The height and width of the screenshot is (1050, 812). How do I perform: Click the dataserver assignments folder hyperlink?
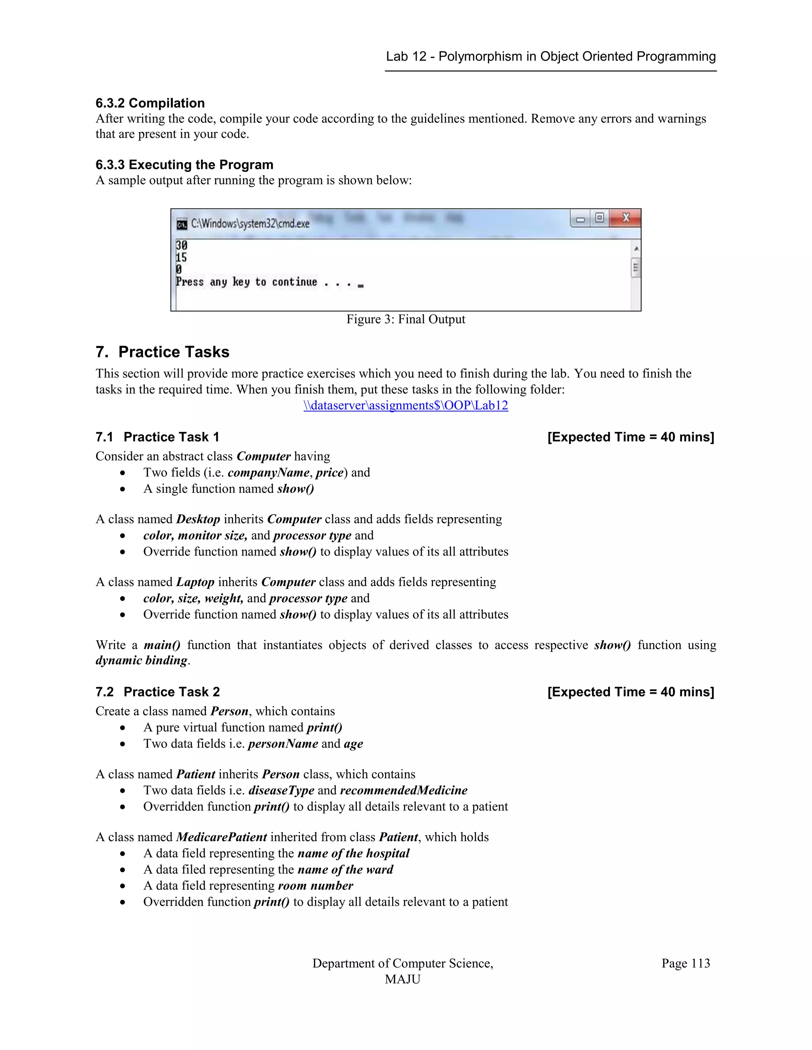pyautogui.click(x=406, y=405)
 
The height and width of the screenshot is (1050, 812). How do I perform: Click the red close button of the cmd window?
pyautogui.click(x=625, y=218)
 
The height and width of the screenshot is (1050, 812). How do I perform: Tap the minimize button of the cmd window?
pyautogui.click(x=580, y=219)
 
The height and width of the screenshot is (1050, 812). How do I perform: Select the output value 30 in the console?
pyautogui.click(x=181, y=245)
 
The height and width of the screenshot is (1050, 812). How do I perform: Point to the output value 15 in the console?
pyautogui.click(x=181, y=258)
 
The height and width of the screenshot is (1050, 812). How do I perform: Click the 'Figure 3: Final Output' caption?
pyautogui.click(x=406, y=319)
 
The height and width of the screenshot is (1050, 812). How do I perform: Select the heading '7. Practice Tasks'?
pyautogui.click(x=162, y=352)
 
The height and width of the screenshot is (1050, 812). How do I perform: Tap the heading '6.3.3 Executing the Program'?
pyautogui.click(x=184, y=164)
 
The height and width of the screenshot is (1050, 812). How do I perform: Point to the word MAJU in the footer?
pyautogui.click(x=403, y=979)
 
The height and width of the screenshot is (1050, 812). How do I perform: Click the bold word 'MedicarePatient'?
pyautogui.click(x=221, y=837)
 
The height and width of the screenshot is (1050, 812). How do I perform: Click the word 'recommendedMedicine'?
pyautogui.click(x=404, y=790)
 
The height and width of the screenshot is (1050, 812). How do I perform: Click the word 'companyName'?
pyautogui.click(x=268, y=473)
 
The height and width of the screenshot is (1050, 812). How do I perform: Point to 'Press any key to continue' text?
pyautogui.click(x=246, y=282)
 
